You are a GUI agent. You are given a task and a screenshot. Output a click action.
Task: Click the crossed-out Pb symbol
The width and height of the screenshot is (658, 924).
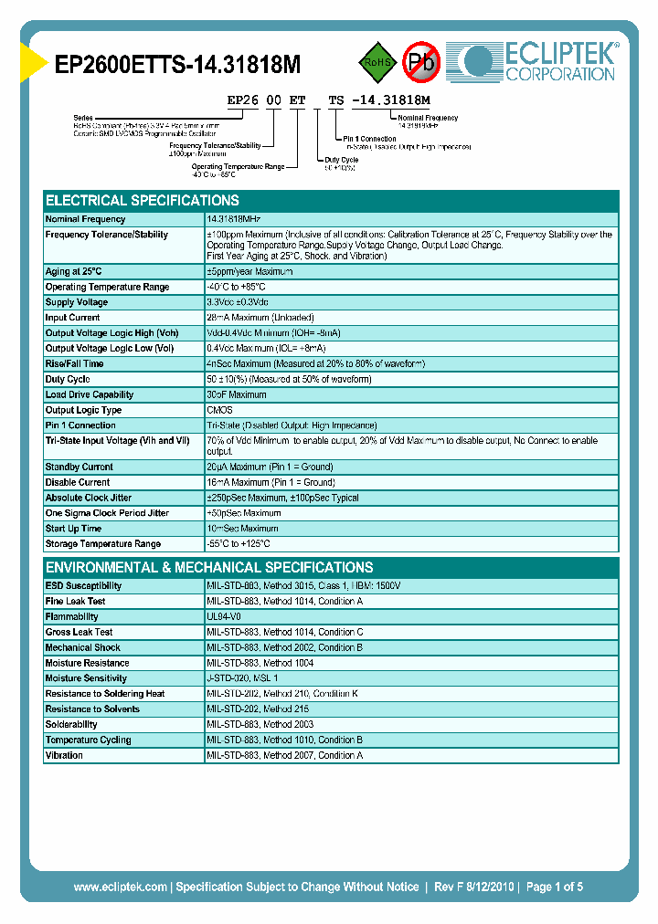421,62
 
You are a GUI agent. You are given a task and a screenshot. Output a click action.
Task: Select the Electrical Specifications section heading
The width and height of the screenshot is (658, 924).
143,201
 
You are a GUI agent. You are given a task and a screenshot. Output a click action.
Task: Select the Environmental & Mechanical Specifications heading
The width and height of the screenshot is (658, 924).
209,567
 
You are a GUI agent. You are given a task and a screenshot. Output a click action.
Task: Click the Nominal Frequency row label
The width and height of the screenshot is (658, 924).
86,219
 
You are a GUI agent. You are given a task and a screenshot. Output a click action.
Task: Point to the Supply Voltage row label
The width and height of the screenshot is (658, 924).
77,302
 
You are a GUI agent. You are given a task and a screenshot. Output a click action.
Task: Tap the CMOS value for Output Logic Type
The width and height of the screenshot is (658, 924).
220,410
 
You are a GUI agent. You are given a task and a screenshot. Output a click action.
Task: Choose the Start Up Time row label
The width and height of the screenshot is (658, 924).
74,529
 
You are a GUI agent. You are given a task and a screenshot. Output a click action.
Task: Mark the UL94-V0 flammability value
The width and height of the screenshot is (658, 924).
225,617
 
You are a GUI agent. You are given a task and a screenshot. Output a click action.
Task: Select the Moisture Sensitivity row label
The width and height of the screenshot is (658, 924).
86,678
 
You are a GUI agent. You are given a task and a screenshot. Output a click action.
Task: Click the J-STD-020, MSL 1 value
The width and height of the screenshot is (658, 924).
242,678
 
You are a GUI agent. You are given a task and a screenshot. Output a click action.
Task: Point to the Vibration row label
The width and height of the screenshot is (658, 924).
65,755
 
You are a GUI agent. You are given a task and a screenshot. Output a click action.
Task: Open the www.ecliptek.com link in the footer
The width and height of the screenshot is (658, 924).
120,887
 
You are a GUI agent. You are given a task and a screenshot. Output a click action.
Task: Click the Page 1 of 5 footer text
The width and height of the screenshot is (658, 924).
555,887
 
